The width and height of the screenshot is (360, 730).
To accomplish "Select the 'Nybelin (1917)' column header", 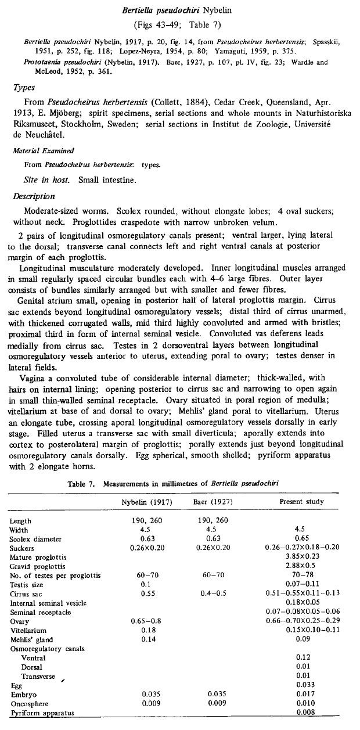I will (x=142, y=501).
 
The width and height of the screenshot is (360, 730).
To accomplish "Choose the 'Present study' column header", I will (x=301, y=501).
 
